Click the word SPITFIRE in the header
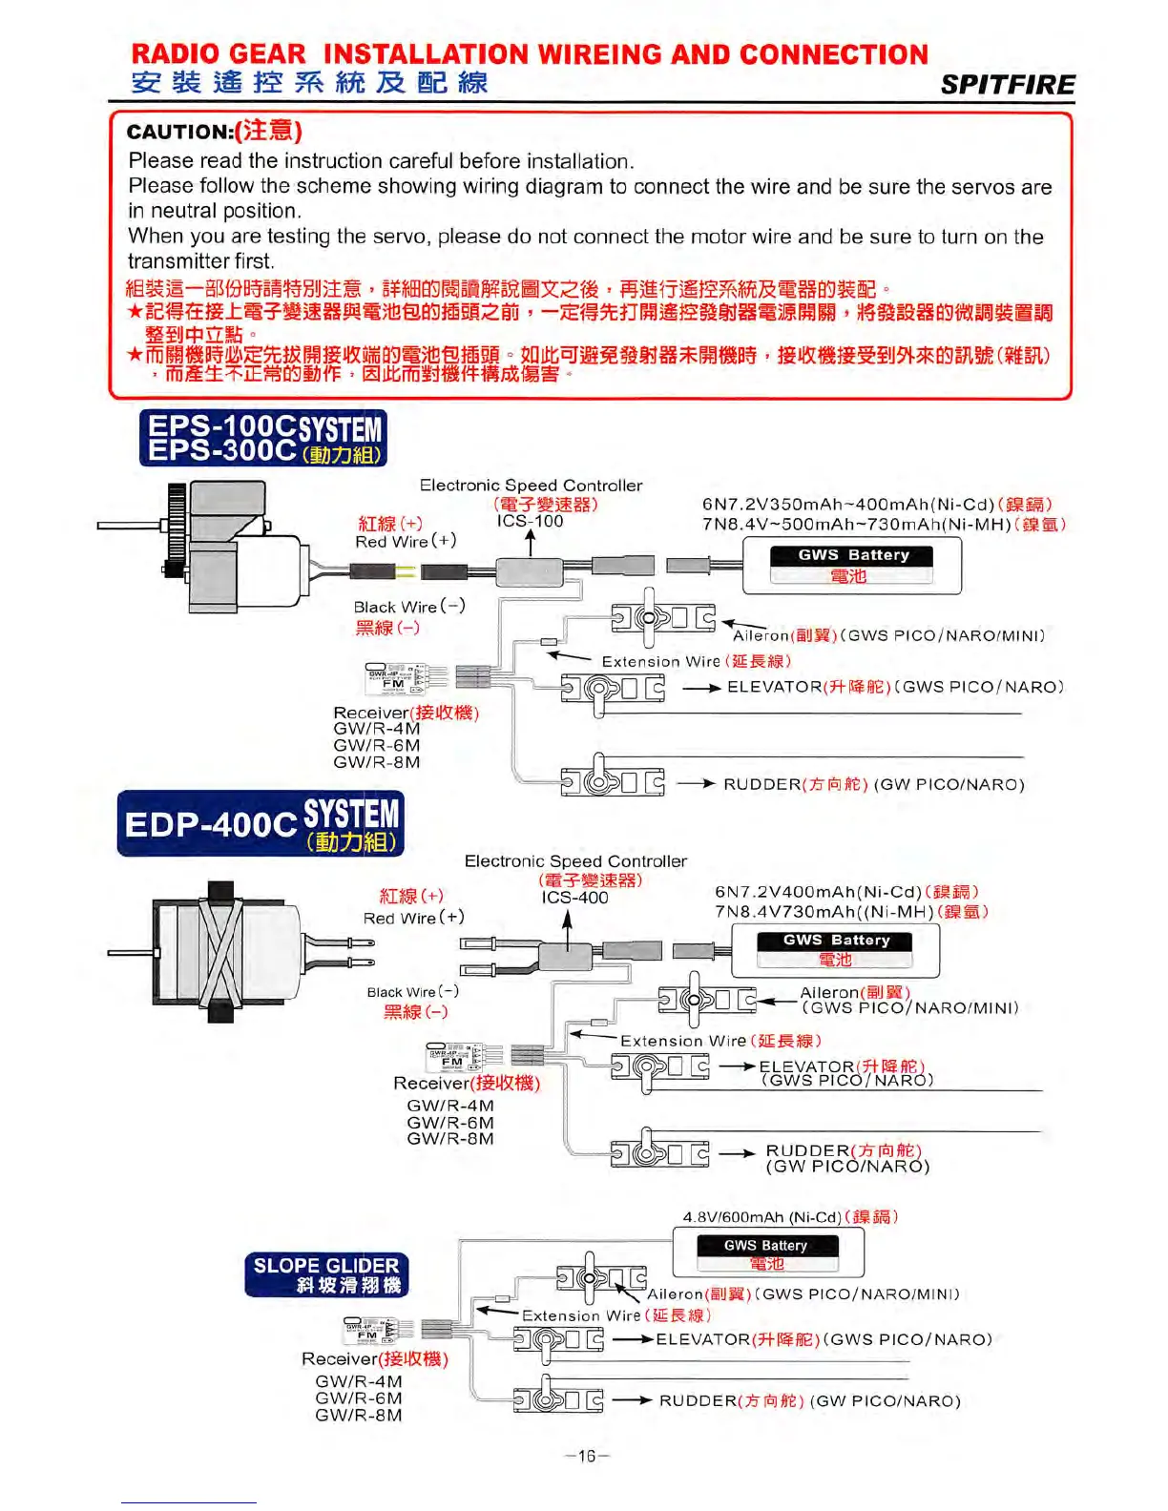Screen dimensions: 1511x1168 [x=1008, y=85]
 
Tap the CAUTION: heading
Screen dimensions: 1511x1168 [x=179, y=132]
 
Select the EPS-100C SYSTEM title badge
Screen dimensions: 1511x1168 [x=263, y=439]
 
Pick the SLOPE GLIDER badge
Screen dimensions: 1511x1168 [x=326, y=1274]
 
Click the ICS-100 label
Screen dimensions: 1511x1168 [x=530, y=521]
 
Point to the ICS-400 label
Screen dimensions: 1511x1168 [x=574, y=898]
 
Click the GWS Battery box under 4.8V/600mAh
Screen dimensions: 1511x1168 [x=767, y=1252]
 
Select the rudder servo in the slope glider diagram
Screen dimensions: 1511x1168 [x=557, y=1398]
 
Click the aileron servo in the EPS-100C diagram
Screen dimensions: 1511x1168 [x=662, y=617]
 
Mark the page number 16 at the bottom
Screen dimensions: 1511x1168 [x=586, y=1456]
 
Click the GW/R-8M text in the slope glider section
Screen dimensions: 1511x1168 [x=359, y=1416]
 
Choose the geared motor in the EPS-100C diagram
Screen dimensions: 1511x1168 [x=229, y=546]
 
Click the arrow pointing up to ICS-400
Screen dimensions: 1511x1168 [x=568, y=930]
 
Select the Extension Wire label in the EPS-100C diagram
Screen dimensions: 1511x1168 [x=660, y=661]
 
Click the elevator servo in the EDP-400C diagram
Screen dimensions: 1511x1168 [x=660, y=1066]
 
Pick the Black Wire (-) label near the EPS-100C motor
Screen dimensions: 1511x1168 [x=409, y=607]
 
